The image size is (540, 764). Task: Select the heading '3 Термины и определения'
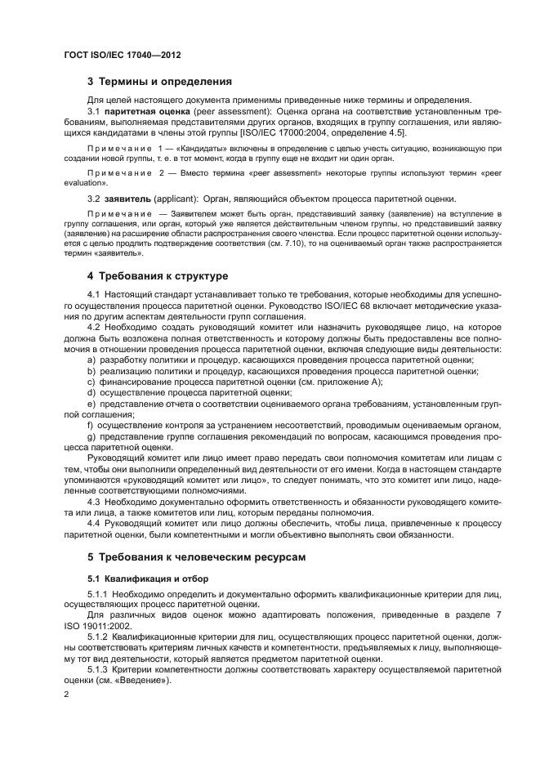click(x=159, y=82)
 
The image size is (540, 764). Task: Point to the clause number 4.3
click(x=95, y=501)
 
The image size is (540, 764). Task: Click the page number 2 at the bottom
click(x=67, y=693)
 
